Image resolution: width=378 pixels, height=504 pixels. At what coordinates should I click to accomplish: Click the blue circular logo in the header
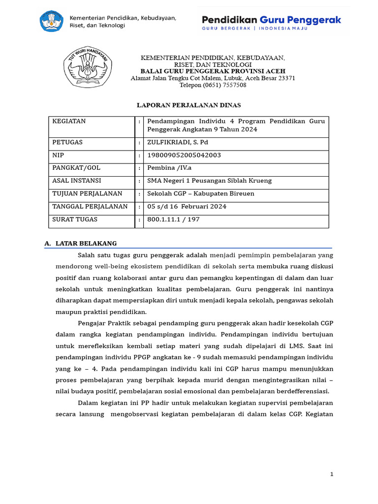coord(51,21)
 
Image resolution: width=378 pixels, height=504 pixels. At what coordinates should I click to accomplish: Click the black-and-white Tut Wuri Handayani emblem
coord(88,69)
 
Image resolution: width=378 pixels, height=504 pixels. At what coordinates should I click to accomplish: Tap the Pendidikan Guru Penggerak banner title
coord(271,20)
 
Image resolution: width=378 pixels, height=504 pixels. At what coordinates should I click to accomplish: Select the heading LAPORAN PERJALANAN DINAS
coord(189,105)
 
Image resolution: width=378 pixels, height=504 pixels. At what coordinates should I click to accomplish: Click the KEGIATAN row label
coord(69,121)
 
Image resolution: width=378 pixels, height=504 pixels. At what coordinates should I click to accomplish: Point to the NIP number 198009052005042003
coord(184,155)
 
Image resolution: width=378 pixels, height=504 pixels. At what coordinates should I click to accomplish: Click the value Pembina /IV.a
coord(170,168)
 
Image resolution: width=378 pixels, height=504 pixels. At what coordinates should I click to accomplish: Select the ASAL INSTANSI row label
coord(77,181)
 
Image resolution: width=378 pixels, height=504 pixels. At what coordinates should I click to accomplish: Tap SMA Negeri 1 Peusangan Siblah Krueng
coord(209,181)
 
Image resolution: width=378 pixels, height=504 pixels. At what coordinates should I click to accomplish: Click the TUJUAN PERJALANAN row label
coord(87,193)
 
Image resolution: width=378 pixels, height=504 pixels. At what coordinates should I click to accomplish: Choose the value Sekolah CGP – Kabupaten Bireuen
coord(201,193)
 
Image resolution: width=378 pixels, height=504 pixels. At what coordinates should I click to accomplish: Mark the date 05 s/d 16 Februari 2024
coord(187,206)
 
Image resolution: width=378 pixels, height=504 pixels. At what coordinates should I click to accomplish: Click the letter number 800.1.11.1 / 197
coord(173,219)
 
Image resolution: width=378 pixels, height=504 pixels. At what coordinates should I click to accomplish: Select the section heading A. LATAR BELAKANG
coord(80,244)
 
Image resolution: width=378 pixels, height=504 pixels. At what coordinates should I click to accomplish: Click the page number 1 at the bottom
coord(332,474)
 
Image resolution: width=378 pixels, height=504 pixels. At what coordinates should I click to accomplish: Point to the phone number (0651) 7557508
coord(213,85)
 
